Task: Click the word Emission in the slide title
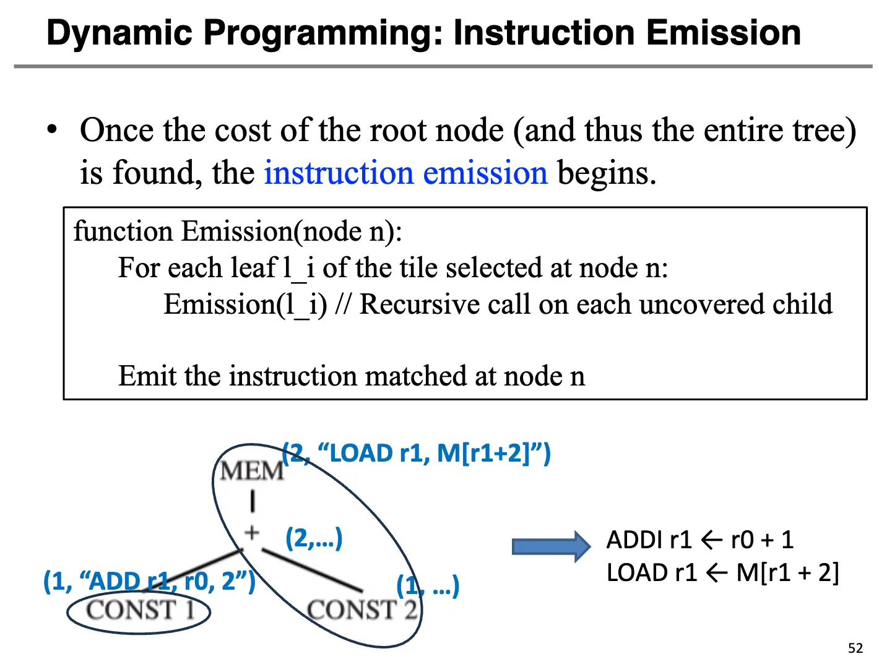click(x=723, y=32)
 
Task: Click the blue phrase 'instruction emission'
click(x=405, y=173)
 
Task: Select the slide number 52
click(x=855, y=648)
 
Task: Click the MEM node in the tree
click(x=251, y=471)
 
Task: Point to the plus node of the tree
click(x=252, y=533)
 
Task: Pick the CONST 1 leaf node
click(x=141, y=610)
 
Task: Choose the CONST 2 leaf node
click(x=362, y=610)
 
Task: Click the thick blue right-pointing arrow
click(x=551, y=547)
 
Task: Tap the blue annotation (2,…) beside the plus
click(x=314, y=538)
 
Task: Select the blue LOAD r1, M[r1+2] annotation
click(x=417, y=454)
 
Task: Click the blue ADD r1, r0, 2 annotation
click(x=149, y=581)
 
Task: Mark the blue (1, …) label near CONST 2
click(x=428, y=586)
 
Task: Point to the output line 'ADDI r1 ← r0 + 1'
click(x=699, y=540)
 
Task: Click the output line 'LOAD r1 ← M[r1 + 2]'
click(x=722, y=573)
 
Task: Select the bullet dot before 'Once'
click(x=51, y=130)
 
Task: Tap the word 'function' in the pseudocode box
click(x=123, y=231)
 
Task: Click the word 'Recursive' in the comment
click(x=419, y=304)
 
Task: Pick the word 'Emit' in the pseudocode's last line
click(x=147, y=376)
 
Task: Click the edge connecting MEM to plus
click(x=253, y=502)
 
